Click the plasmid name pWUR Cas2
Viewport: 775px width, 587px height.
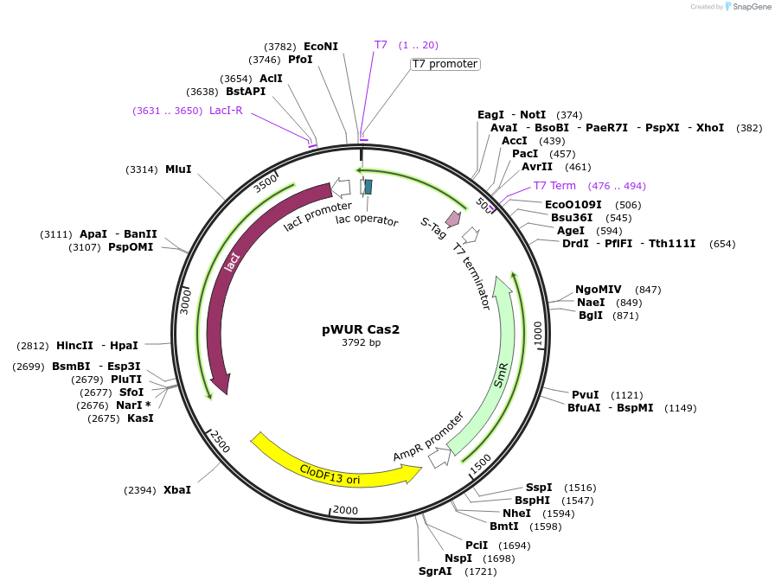361,329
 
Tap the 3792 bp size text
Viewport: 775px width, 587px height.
361,343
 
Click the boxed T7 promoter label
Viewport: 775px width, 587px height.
445,64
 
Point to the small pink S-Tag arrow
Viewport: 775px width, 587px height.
452,218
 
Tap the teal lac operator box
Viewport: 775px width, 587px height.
368,186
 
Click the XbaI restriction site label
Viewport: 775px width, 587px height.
177,489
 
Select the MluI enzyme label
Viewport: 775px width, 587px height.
178,169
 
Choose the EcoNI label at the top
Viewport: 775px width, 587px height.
321,46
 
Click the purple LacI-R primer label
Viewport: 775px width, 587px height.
226,111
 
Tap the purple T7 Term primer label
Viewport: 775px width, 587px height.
554,186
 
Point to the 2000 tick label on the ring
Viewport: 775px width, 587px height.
345,510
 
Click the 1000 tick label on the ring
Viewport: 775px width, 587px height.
538,332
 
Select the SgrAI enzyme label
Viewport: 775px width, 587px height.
435,571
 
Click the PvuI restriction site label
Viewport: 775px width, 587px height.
586,394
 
